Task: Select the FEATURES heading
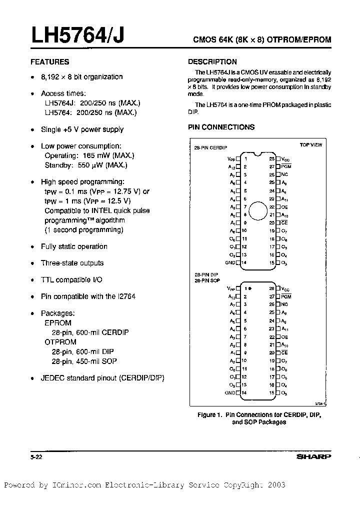pos(50,62)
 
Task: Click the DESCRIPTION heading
pos(212,62)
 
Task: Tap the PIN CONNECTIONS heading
pos(221,127)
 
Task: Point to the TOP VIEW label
pos(310,144)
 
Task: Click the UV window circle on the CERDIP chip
pos(258,210)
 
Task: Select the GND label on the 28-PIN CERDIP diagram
pos(229,262)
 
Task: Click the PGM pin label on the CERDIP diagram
pos(286,166)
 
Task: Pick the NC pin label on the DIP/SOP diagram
pos(284,304)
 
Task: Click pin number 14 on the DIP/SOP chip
pos(244,393)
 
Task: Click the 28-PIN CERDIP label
pos(210,148)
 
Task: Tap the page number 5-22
pos(35,456)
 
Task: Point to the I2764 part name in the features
pos(126,296)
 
